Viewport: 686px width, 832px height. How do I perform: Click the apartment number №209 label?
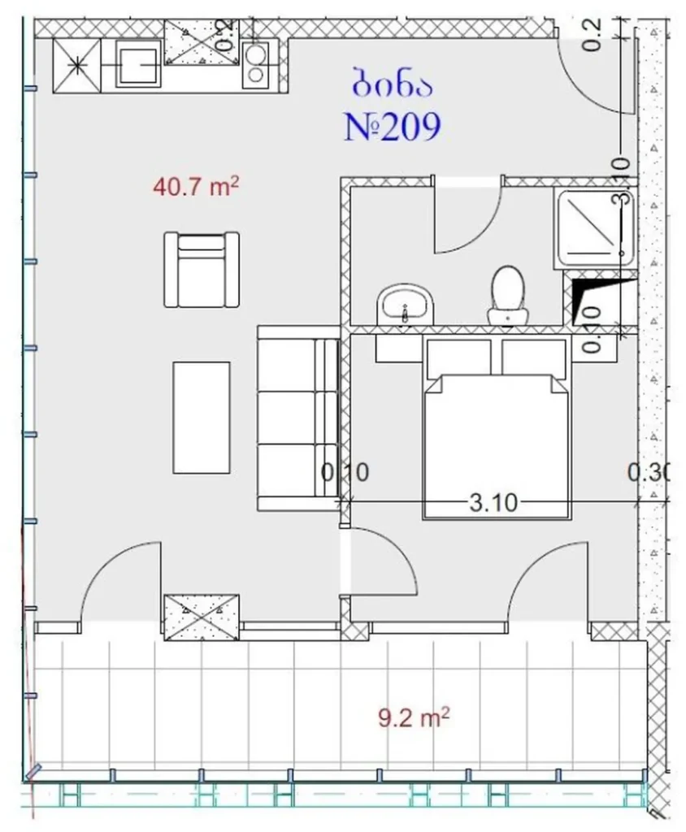click(x=393, y=127)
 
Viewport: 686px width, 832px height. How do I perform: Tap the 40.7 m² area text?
click(x=195, y=188)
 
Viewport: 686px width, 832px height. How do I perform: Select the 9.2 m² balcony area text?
click(x=415, y=717)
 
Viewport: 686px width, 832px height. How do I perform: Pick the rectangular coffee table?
click(x=201, y=418)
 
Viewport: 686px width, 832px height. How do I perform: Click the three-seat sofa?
click(x=298, y=418)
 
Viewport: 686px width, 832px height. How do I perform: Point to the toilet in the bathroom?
click(x=506, y=294)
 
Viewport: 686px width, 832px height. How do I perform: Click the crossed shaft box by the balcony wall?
click(x=202, y=617)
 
